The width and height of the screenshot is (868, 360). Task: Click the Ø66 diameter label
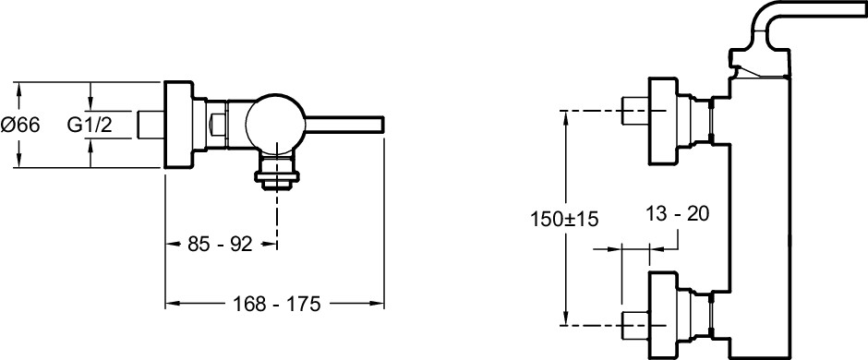(x=20, y=125)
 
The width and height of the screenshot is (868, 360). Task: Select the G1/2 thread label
(x=90, y=125)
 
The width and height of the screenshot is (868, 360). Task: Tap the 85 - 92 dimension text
(x=220, y=244)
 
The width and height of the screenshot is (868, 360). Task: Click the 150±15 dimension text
(x=564, y=219)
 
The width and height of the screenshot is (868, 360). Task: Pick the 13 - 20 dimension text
(x=678, y=213)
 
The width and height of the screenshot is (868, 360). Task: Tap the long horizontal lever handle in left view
(x=344, y=125)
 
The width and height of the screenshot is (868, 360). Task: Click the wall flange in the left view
(x=178, y=125)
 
